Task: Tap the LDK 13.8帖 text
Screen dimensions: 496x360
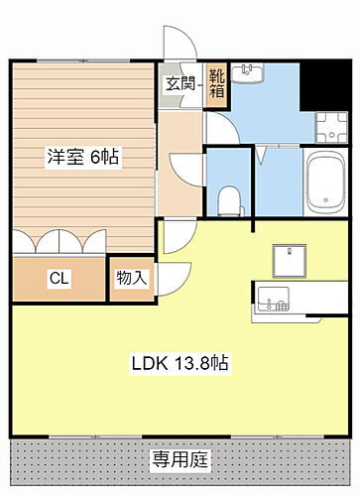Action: pyautogui.click(x=180, y=363)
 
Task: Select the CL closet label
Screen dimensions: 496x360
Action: pyautogui.click(x=60, y=280)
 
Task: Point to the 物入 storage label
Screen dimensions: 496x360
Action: pyautogui.click(x=131, y=279)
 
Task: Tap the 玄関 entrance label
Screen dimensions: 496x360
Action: pyautogui.click(x=180, y=83)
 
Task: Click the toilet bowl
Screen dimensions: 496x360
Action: pyautogui.click(x=229, y=197)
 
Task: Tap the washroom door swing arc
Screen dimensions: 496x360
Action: pyautogui.click(x=220, y=128)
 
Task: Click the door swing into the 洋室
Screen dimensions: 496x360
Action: pyautogui.click(x=182, y=167)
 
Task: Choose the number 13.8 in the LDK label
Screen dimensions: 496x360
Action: pyautogui.click(x=195, y=363)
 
